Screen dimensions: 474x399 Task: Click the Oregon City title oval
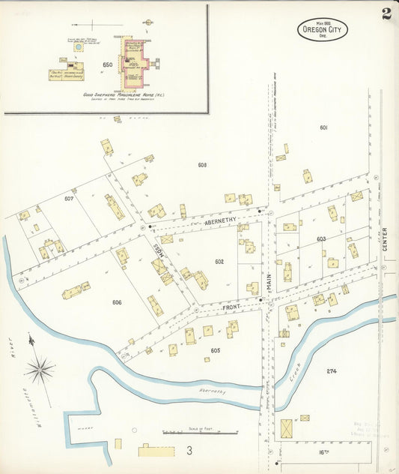pos(323,29)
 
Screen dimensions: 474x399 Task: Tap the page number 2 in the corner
pos(386,14)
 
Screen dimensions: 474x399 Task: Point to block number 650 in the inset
pos(107,65)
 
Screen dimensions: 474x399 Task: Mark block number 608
pos(202,164)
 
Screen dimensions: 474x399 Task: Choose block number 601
pos(323,128)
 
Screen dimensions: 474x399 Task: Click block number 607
pos(69,199)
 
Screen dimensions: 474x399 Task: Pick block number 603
pos(321,239)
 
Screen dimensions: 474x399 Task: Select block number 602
pos(219,262)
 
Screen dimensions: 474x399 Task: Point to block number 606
pos(117,302)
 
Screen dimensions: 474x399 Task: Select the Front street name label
pos(229,307)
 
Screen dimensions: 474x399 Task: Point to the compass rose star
pos(39,369)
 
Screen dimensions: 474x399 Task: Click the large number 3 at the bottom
pos(190,451)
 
